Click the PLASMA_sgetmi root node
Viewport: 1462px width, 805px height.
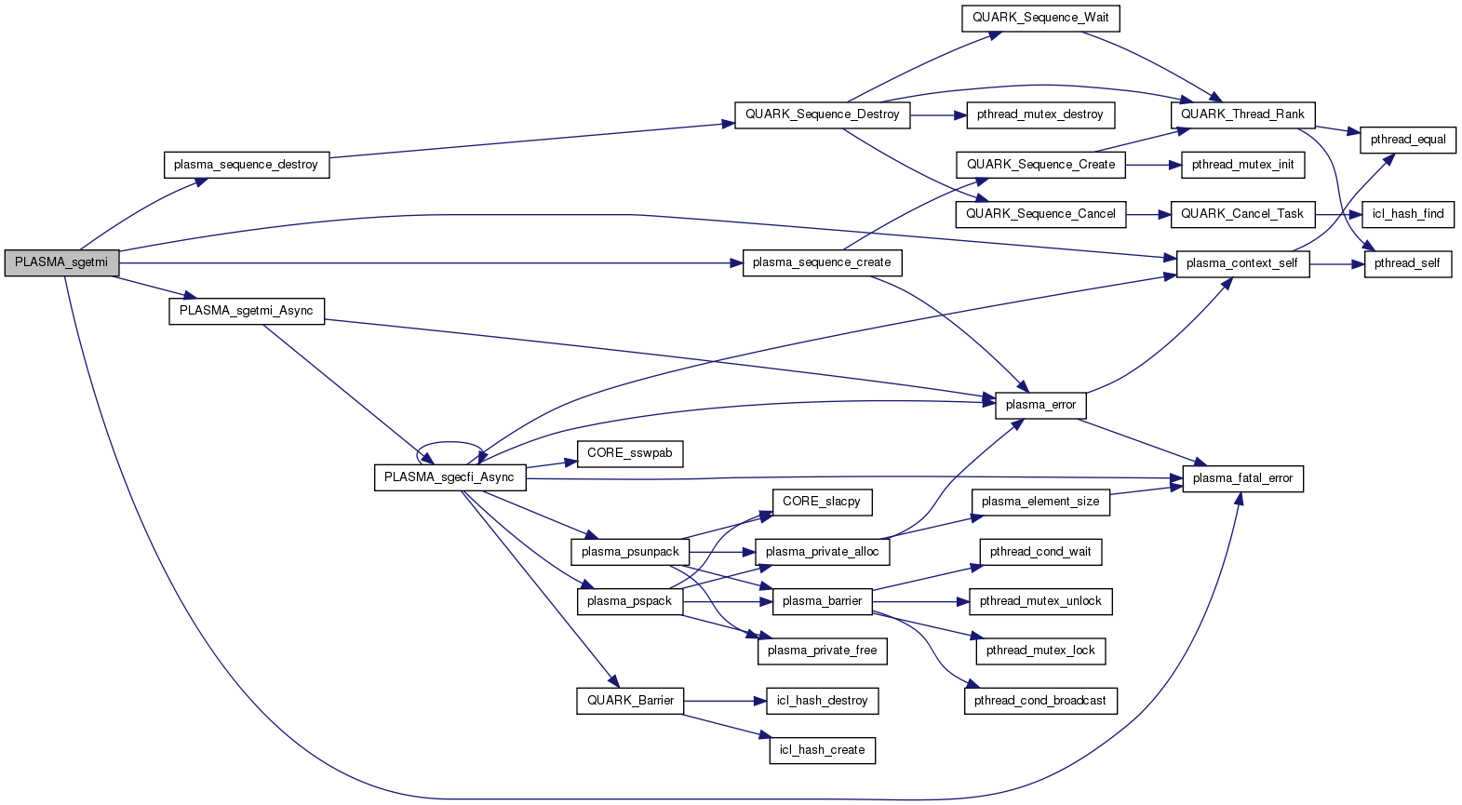61,262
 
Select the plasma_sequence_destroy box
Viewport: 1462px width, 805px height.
246,165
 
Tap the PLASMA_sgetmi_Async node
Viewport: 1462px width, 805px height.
246,311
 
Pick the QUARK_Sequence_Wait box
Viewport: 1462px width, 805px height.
1039,18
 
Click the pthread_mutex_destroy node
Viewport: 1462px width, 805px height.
1039,114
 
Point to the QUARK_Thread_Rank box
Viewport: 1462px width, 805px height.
1242,114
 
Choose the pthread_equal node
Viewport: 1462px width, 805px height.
1407,140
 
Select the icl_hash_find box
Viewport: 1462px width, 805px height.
1407,214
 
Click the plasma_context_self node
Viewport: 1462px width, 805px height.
1241,263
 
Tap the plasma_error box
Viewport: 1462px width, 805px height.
1040,405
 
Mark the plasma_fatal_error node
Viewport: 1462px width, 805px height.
1242,478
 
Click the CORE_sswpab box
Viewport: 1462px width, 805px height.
629,453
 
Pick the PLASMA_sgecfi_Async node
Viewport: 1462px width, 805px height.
449,477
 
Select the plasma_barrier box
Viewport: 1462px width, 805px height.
822,601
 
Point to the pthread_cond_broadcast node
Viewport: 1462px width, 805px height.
1039,701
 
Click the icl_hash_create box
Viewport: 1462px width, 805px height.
822,750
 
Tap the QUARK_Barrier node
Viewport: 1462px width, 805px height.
630,701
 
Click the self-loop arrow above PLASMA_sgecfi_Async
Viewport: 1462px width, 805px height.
449,445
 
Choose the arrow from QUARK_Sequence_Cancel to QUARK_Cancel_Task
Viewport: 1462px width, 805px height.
1148,214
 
